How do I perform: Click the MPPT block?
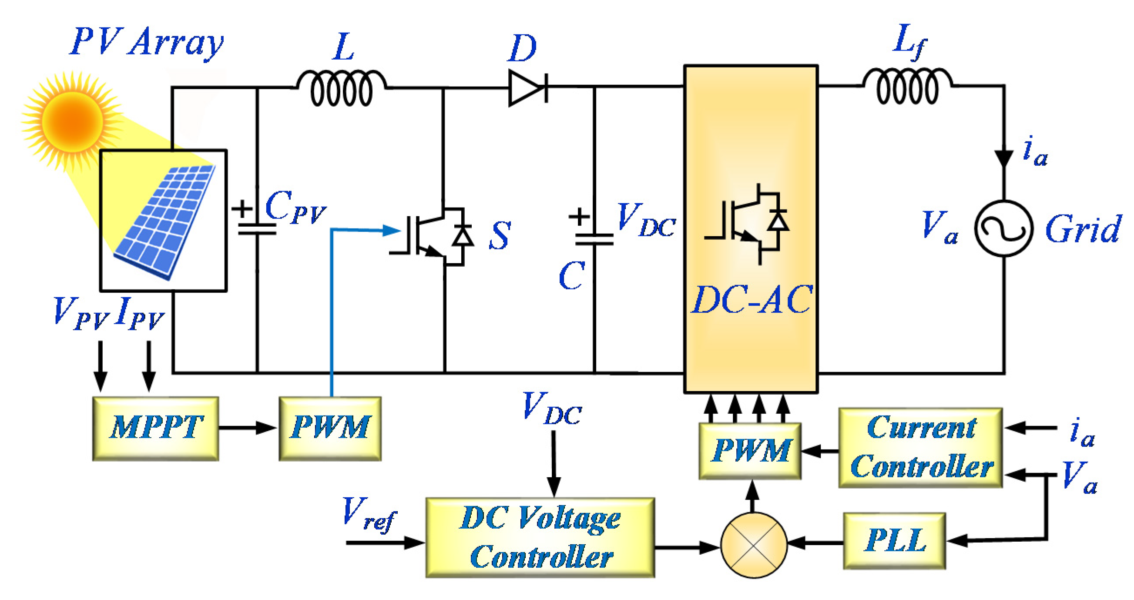tap(155, 428)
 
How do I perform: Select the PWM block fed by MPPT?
tap(330, 428)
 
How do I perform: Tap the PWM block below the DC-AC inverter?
tap(750, 451)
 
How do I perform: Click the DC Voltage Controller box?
tap(540, 537)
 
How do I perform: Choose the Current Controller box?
tap(920, 448)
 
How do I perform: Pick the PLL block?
tap(895, 540)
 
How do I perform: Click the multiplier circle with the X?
tap(753, 545)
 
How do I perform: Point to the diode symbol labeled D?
tap(527, 87)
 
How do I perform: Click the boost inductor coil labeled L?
tap(342, 88)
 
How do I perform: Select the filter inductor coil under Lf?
tap(907, 86)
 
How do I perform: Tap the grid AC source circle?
tap(1004, 228)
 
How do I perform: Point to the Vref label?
tap(369, 514)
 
